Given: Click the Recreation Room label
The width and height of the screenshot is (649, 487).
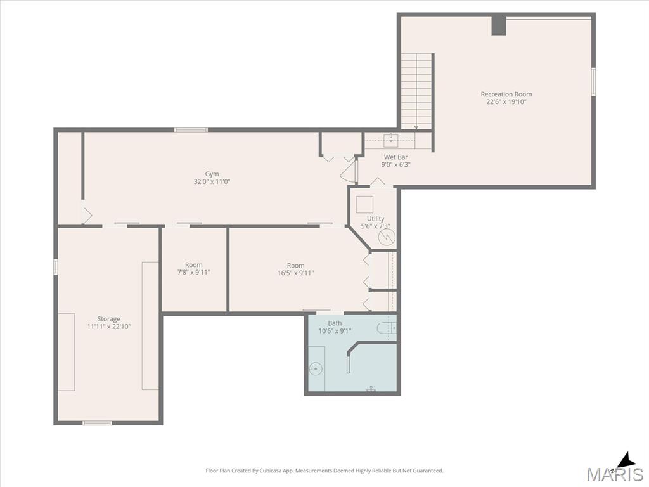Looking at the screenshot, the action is pos(506,94).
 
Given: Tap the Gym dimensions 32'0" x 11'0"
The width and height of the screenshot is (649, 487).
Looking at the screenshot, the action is pos(212,181).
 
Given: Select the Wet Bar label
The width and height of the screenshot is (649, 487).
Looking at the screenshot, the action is pos(395,157).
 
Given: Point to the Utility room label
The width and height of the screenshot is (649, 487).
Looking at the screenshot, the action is pos(376,218).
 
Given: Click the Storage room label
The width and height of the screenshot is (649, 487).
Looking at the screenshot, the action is pos(109,319).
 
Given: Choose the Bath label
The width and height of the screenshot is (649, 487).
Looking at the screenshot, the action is pos(335,323).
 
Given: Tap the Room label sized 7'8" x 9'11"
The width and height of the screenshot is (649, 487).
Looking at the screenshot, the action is pos(194,265).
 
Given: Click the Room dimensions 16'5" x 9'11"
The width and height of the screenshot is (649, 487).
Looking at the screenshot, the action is pos(296,273).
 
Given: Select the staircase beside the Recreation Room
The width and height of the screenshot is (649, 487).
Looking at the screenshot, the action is pos(416,91).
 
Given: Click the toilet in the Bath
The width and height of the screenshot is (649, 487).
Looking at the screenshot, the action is pos(387,328).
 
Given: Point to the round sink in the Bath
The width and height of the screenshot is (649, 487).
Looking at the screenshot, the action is pos(316,368).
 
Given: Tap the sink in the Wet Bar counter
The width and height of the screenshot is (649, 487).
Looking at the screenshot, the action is pos(390,140).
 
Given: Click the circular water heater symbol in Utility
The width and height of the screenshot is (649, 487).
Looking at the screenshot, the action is pos(387,237).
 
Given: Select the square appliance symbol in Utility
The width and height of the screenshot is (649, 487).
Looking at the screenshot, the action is pos(364,205).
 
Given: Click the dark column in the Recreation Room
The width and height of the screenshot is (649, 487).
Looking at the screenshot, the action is pos(499,25).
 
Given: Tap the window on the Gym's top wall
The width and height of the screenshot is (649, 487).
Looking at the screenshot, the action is pos(191,129).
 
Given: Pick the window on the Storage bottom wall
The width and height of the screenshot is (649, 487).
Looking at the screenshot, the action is pos(97,423).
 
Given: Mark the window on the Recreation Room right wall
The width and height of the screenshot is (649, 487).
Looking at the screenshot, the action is pos(593,82).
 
